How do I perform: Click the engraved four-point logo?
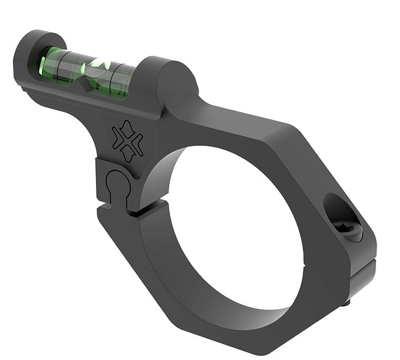127,141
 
